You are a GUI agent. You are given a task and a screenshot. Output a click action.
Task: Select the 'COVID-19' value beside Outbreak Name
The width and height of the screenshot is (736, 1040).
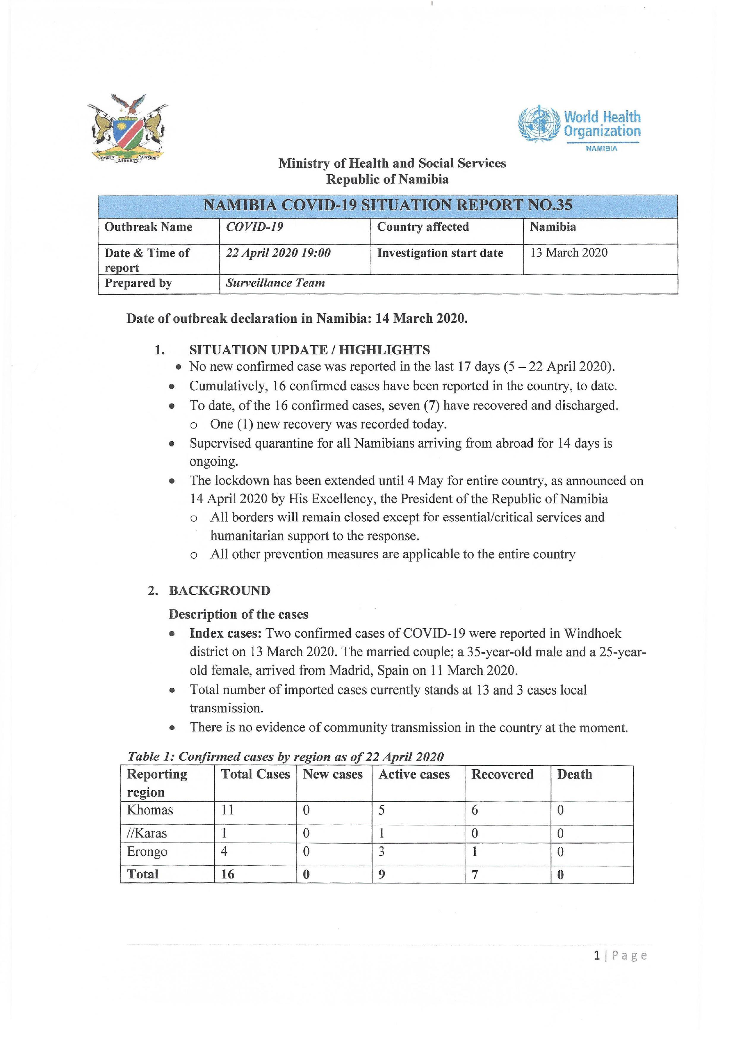click(x=255, y=227)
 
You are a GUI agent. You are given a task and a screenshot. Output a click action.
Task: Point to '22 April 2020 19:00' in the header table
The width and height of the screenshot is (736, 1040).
click(x=278, y=253)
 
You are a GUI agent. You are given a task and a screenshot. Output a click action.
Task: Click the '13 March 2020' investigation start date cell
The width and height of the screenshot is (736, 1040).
click(x=568, y=253)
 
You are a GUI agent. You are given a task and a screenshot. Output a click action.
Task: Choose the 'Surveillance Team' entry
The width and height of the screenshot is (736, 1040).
click(x=275, y=283)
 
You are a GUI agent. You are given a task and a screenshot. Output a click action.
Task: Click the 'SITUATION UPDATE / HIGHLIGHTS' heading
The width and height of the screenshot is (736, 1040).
click(x=309, y=350)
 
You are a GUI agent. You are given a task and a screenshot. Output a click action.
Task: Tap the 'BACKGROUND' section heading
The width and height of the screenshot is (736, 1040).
click(x=219, y=591)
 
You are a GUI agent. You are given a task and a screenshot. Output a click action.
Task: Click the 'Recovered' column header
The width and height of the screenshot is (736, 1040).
click(x=502, y=774)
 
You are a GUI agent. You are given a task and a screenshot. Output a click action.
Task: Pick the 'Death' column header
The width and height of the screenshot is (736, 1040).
click(x=574, y=774)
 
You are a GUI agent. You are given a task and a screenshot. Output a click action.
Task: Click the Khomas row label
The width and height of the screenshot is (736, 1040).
click(x=150, y=810)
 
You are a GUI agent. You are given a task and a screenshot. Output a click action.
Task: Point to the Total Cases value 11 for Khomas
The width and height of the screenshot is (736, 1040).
click(x=228, y=810)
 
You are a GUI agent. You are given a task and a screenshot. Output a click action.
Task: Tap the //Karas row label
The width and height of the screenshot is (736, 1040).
click(x=147, y=833)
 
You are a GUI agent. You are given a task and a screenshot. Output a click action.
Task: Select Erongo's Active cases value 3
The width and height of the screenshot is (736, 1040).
click(x=382, y=851)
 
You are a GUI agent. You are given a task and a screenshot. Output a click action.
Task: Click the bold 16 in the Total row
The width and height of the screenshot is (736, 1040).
click(x=228, y=874)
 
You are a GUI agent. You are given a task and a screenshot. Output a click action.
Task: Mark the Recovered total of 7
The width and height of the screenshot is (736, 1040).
click(x=475, y=874)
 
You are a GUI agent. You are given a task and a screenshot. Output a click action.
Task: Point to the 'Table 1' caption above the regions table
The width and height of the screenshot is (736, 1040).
click(x=285, y=756)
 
